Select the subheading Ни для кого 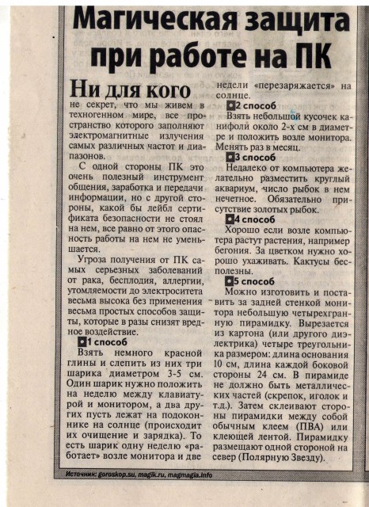click(x=130, y=89)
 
